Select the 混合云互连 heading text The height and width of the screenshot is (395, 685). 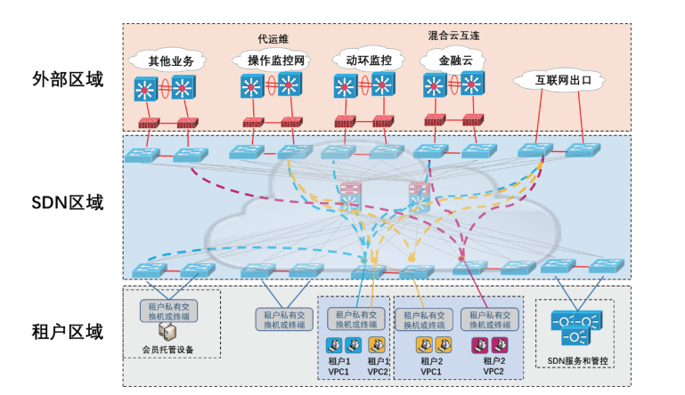453,36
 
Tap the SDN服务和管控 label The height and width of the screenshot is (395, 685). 576,360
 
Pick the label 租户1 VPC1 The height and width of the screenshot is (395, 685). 340,366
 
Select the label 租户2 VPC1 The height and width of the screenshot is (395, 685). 431,366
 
